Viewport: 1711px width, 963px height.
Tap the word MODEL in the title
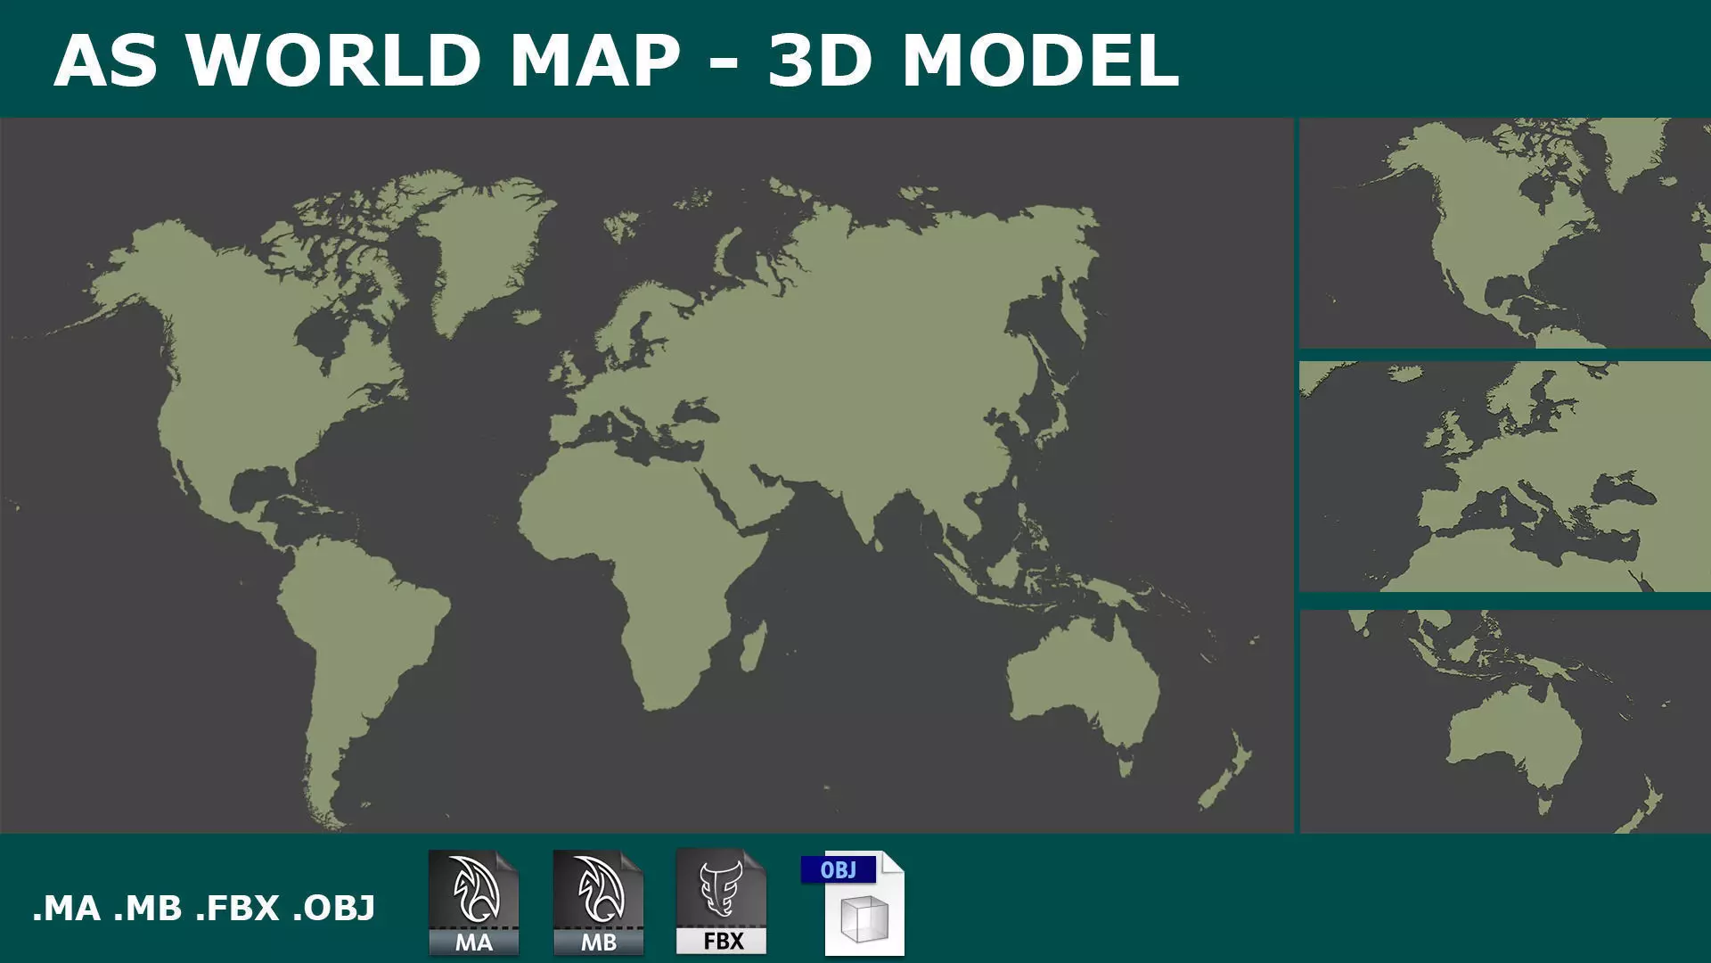(1040, 61)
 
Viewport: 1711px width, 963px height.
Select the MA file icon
(473, 902)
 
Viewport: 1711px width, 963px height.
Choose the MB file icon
(598, 902)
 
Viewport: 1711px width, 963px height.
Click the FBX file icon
(722, 902)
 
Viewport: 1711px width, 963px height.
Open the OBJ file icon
(854, 902)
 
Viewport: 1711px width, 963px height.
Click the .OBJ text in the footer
(334, 909)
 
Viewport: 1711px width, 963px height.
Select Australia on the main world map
(1083, 687)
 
